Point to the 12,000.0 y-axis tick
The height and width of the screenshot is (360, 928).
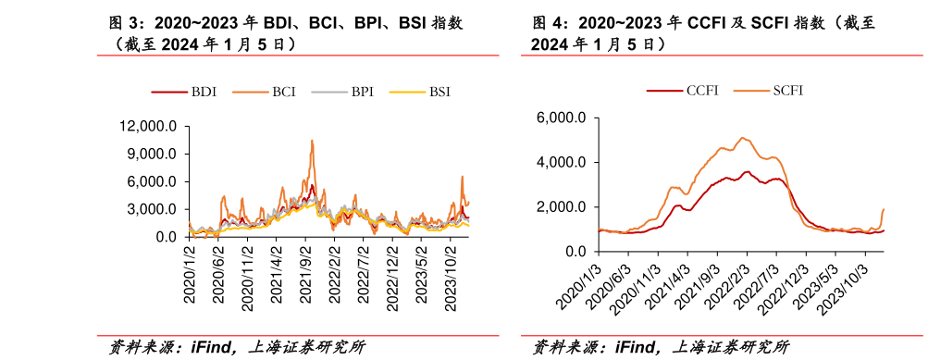coord(151,126)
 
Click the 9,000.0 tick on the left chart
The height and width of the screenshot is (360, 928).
coord(155,154)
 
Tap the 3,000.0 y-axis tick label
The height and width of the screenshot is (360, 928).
coord(155,209)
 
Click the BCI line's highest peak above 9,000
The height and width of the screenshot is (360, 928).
coord(312,141)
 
